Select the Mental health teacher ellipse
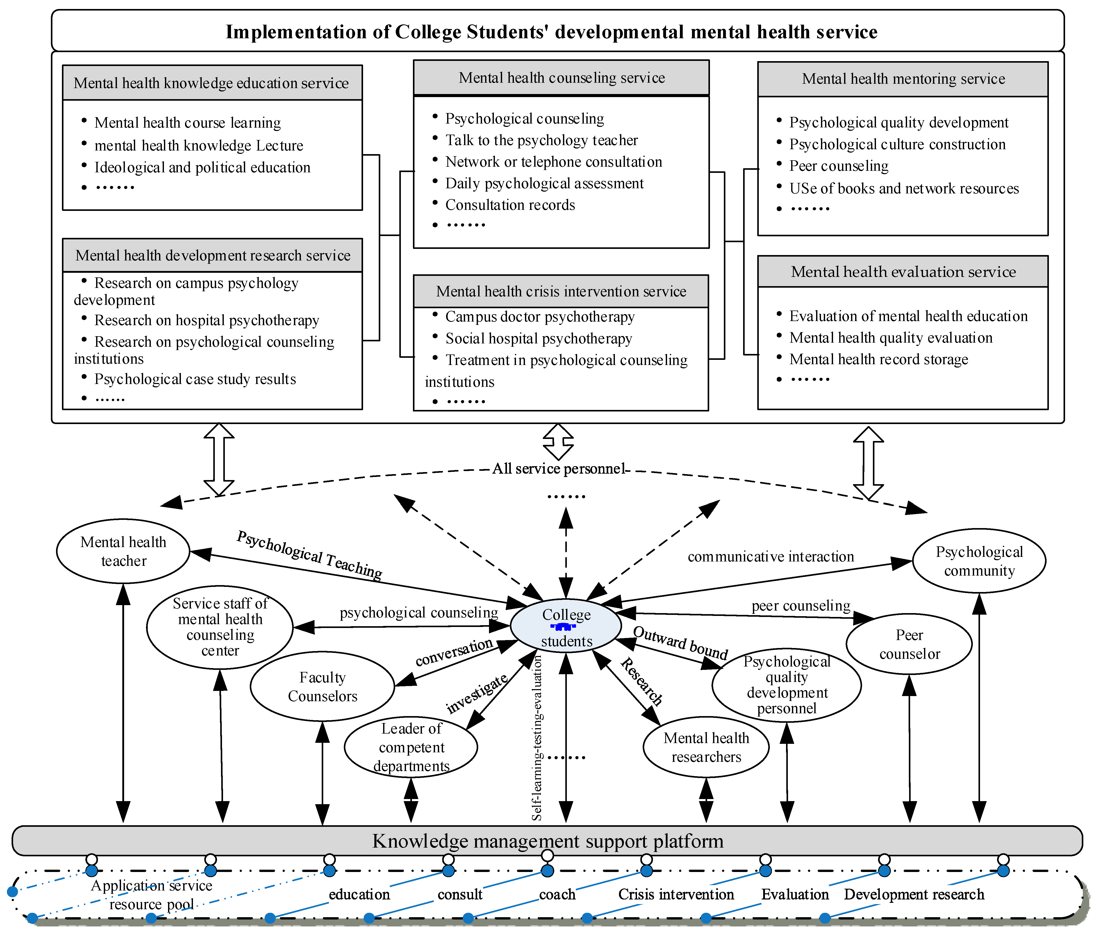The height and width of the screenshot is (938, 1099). coord(123,551)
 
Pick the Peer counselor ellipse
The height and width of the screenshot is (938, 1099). coord(909,644)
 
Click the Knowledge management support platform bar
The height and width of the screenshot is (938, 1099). coord(547,841)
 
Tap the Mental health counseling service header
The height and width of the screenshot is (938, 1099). coord(561,78)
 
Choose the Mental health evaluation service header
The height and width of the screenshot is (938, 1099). coord(903,272)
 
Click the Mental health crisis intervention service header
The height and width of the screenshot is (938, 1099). coord(561,292)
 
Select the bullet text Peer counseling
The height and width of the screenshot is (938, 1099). coord(838,166)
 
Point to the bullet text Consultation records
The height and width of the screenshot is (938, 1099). coord(510,205)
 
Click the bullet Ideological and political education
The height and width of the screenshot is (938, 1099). coord(202,167)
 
